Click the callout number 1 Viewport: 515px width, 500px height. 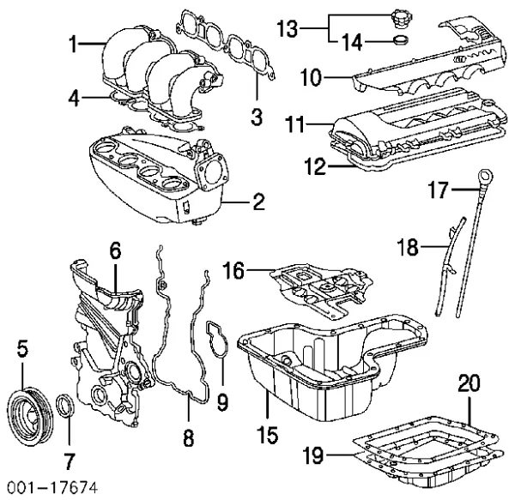[75, 42]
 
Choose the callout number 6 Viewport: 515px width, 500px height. [114, 250]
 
